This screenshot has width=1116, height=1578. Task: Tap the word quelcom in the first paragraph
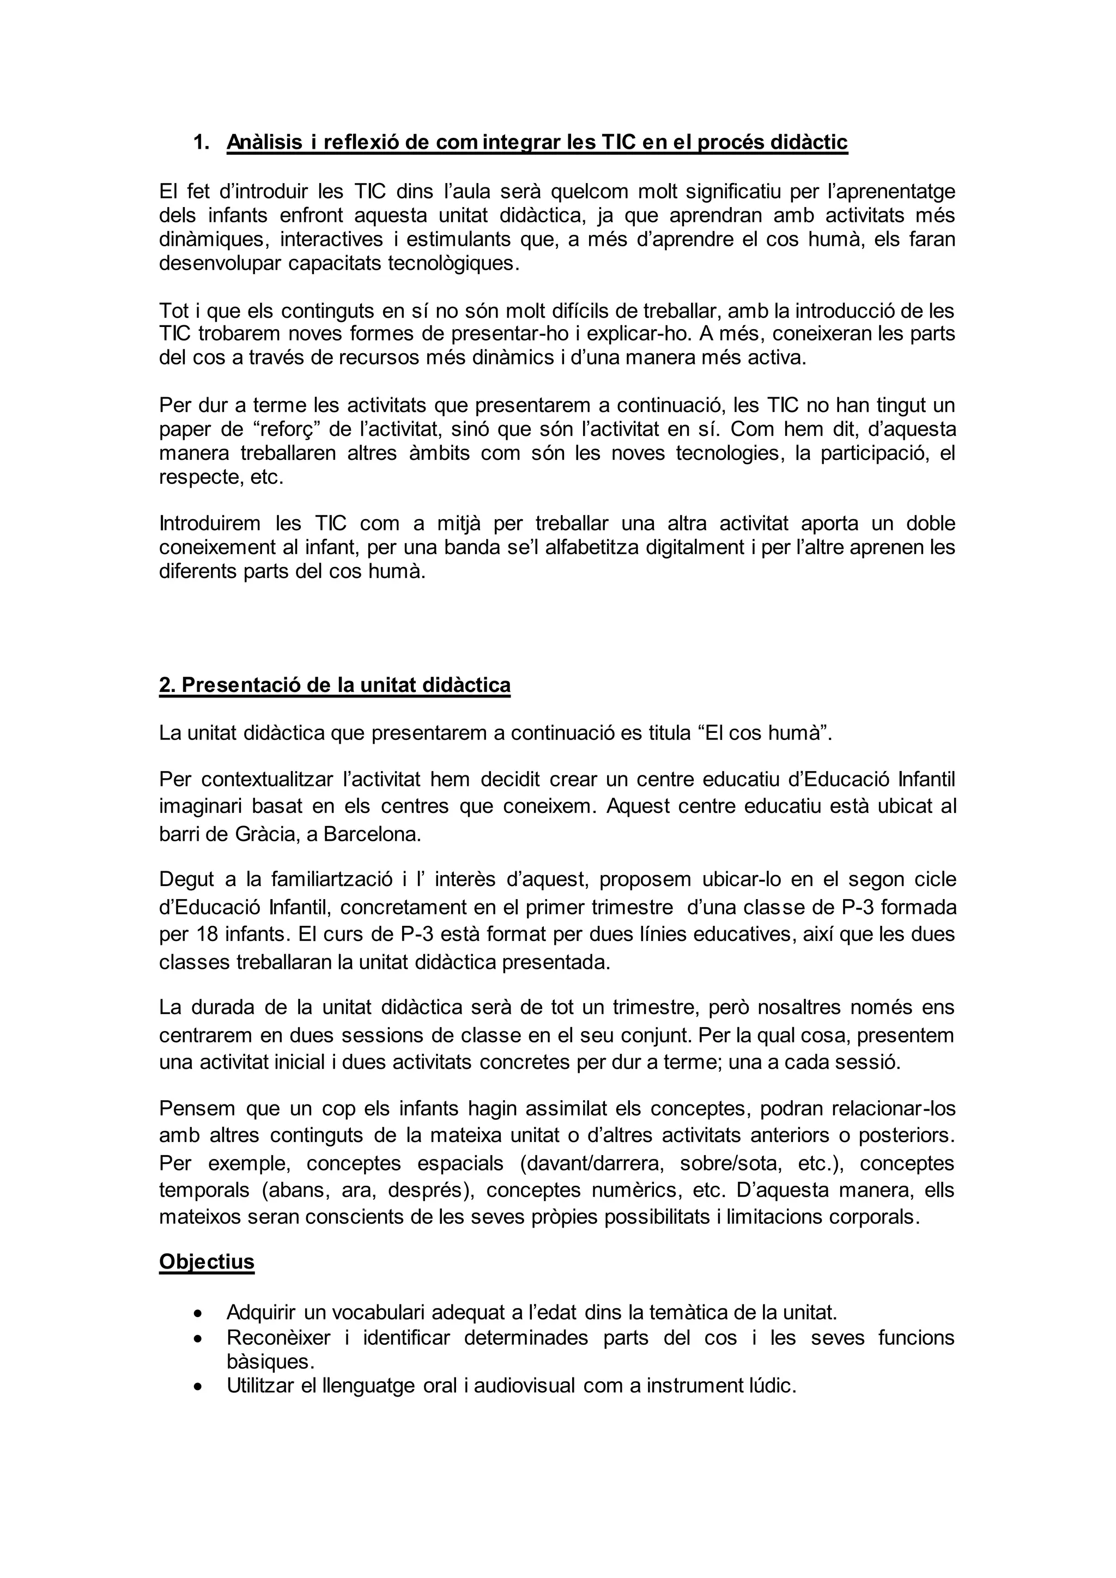[589, 191]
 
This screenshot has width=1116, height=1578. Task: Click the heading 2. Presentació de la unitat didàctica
[335, 685]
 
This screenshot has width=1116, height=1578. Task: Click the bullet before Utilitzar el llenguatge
[198, 1386]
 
